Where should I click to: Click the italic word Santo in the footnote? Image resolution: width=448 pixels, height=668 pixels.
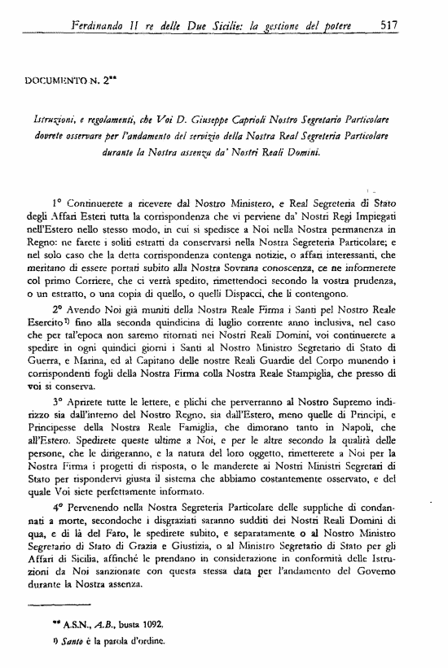64,640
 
